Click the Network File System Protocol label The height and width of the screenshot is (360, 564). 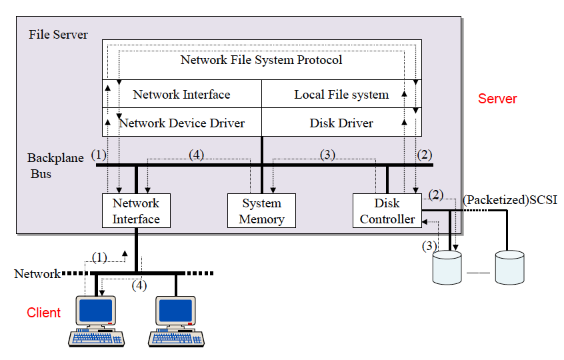point(261,60)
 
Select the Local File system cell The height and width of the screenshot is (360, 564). point(341,95)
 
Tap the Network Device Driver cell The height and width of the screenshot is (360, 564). point(181,123)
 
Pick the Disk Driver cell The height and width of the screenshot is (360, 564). point(341,123)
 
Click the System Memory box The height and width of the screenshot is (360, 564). point(261,211)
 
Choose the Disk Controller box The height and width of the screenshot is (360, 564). point(387,211)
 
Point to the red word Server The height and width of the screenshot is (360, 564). point(497,99)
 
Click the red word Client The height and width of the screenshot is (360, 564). point(44,313)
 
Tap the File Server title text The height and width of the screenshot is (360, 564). point(58,35)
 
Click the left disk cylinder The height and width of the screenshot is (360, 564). point(447,267)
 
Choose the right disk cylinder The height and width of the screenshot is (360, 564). point(509,267)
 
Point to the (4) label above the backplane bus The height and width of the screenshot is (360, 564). point(196,155)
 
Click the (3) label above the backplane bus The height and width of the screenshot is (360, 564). point(327,155)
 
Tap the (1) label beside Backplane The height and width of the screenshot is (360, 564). point(99,155)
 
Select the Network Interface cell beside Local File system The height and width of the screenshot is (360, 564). point(181,95)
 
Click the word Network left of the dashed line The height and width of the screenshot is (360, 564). point(37,274)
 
